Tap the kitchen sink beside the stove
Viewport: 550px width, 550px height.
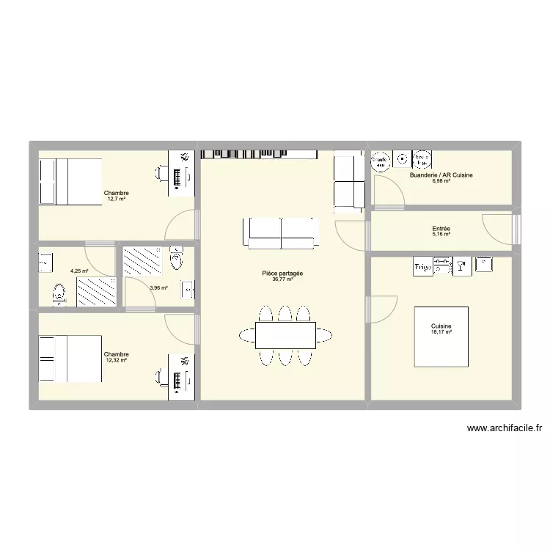pos(462,268)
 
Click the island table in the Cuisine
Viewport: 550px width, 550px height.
pos(441,337)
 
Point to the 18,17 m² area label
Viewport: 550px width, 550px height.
pos(441,332)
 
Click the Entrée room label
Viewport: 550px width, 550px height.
pos(441,229)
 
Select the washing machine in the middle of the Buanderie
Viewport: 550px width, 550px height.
pos(402,158)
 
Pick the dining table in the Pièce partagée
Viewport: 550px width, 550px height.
pos(285,334)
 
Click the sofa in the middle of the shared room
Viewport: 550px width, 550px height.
pos(281,232)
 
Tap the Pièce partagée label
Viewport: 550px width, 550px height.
pos(282,273)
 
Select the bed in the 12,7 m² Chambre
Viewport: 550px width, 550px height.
pos(70,182)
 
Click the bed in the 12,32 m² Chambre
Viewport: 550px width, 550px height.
pos(70,359)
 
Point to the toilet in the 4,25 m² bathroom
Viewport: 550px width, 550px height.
pos(58,294)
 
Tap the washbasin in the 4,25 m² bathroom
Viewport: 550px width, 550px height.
pos(45,260)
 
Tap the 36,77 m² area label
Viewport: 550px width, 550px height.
pos(282,279)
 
